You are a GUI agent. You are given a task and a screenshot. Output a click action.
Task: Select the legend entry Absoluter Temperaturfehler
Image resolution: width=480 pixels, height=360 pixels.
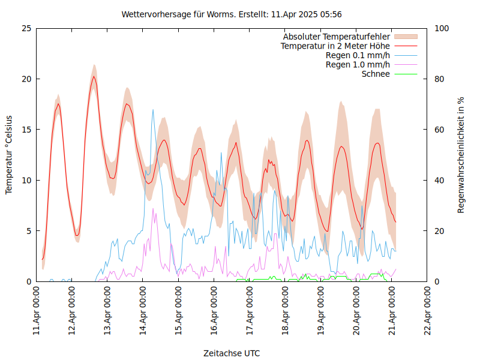click(x=337, y=36)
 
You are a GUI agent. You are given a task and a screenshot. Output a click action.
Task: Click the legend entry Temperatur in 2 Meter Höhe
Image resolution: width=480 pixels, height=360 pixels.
click(x=335, y=46)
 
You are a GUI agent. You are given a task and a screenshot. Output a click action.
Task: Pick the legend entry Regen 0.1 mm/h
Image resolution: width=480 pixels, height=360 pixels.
click(x=358, y=55)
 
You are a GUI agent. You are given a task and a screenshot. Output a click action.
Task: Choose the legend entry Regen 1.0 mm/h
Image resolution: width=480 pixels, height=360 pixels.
click(x=358, y=65)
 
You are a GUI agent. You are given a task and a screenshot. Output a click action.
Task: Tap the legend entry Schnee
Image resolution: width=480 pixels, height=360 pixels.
click(x=376, y=74)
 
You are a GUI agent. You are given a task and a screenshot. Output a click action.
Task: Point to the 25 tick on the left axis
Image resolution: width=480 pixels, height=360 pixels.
click(x=26, y=28)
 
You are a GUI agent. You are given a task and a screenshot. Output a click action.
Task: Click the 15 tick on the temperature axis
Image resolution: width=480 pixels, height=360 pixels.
click(x=26, y=130)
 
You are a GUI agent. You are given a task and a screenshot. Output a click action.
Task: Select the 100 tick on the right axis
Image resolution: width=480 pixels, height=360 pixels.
click(x=441, y=28)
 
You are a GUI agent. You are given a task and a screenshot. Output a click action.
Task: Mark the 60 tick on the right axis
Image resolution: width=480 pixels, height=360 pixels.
click(x=439, y=130)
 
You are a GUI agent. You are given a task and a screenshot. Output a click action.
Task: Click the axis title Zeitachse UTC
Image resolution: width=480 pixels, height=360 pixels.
click(x=232, y=353)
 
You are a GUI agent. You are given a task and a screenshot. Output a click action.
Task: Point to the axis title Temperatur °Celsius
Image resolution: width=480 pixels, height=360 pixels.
click(x=9, y=155)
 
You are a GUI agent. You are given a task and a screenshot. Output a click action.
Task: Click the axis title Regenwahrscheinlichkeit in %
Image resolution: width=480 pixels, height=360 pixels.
click(x=461, y=155)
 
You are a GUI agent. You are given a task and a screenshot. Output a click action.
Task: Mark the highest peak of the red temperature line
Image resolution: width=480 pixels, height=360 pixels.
click(x=94, y=76)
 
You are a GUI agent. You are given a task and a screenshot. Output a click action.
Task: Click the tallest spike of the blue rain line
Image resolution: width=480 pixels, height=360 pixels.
click(x=153, y=110)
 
